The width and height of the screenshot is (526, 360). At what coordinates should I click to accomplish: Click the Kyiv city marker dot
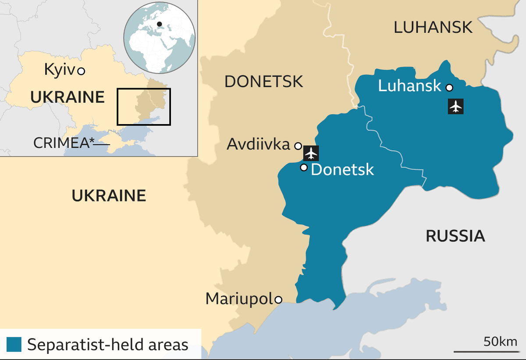(x=81, y=71)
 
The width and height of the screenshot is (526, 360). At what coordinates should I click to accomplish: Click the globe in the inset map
(x=159, y=38)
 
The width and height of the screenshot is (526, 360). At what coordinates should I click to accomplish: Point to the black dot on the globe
(x=160, y=24)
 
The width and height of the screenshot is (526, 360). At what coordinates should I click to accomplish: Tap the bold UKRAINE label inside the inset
(x=67, y=97)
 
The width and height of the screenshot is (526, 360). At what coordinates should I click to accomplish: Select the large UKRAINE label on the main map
(x=109, y=196)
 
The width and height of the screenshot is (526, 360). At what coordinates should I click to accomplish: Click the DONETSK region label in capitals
(x=263, y=82)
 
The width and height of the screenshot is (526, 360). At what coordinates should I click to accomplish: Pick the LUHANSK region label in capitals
(x=433, y=28)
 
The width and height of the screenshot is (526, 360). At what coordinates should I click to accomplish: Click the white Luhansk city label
(x=409, y=86)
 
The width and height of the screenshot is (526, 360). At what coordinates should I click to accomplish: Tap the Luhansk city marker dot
(x=449, y=88)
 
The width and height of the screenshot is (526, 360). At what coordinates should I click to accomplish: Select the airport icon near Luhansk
(x=456, y=106)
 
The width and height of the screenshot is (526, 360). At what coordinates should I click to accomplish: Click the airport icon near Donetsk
(x=311, y=153)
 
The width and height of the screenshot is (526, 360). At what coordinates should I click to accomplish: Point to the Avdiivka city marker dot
(x=298, y=146)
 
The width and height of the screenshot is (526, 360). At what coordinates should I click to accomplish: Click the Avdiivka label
(x=258, y=145)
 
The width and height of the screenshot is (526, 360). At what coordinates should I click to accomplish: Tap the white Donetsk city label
(x=342, y=169)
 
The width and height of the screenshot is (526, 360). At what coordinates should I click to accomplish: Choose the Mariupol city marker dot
(x=278, y=300)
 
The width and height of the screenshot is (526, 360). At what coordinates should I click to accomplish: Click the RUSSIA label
(x=455, y=236)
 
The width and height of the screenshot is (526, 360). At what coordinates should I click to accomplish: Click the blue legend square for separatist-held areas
(x=14, y=344)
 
